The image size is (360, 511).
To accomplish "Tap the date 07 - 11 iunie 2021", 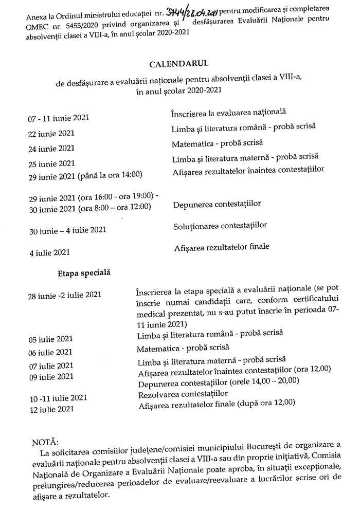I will pos(59,118).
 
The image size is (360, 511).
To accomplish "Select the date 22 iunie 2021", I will pos(51,134).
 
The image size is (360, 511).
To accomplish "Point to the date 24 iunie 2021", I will pos(51,149).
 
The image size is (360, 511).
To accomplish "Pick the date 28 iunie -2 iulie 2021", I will pos(65,295).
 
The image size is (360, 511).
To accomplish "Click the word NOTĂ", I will pos(45,442).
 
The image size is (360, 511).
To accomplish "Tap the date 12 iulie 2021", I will pos(50,409).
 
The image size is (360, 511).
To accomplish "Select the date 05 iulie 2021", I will pos(50,339).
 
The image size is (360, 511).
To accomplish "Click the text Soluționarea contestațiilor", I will pos(220,225).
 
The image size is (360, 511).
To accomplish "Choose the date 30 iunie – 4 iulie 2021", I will pos(67,230).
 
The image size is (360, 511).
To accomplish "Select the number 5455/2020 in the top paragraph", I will pos(64,22).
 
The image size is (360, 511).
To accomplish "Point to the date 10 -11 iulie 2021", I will pos(58,398).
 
